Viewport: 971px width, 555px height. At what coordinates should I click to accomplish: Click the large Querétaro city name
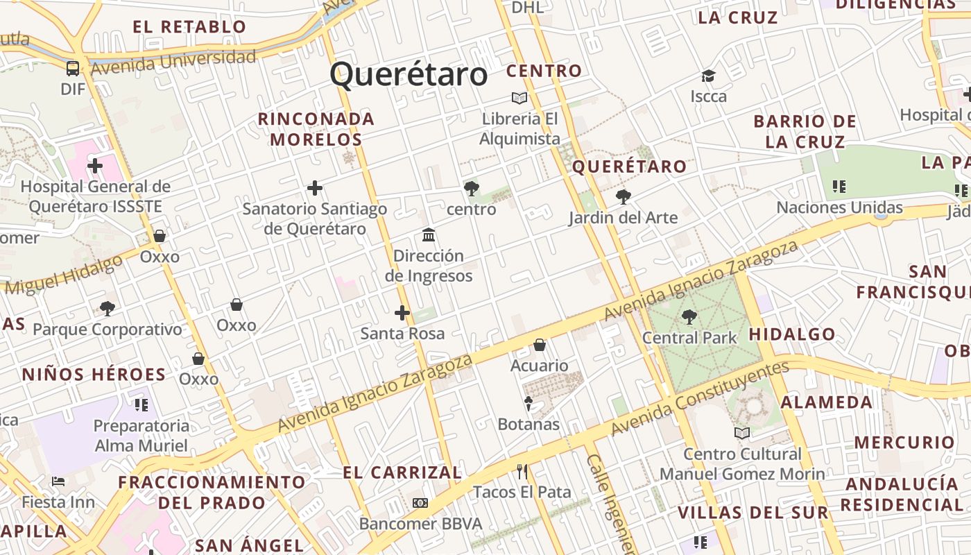coord(409,74)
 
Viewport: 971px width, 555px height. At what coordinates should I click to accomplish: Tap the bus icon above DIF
coord(73,68)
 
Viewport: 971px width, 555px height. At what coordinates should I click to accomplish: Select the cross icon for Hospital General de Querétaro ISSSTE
coord(95,166)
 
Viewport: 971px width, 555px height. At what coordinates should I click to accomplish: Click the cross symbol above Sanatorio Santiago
coord(315,188)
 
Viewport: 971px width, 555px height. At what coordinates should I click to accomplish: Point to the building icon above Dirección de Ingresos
coord(429,234)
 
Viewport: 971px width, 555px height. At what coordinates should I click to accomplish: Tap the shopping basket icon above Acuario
coord(540,345)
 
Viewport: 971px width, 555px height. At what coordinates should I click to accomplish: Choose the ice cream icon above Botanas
coord(529,403)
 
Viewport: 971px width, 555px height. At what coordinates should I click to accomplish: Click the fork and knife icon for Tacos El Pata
coord(522,472)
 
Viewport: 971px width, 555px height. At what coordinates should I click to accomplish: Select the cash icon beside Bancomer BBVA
coord(420,503)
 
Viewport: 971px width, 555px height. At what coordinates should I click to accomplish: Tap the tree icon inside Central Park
coord(689,317)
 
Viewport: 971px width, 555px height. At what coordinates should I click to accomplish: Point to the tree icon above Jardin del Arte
coord(623,197)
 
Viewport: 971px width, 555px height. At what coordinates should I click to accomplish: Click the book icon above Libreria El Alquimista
coord(519,98)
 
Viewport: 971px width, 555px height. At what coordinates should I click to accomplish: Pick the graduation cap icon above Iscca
coord(708,76)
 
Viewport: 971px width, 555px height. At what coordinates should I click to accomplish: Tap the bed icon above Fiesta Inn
coord(58,481)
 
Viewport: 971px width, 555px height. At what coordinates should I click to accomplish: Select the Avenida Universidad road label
coord(173,61)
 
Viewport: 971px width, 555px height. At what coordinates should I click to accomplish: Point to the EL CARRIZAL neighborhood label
coord(402,473)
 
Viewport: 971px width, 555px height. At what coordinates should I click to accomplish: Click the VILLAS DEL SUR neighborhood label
coord(753,513)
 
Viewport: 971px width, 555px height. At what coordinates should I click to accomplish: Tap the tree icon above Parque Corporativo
coord(107,308)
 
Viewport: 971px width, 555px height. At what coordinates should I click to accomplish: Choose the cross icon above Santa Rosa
coord(402,313)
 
